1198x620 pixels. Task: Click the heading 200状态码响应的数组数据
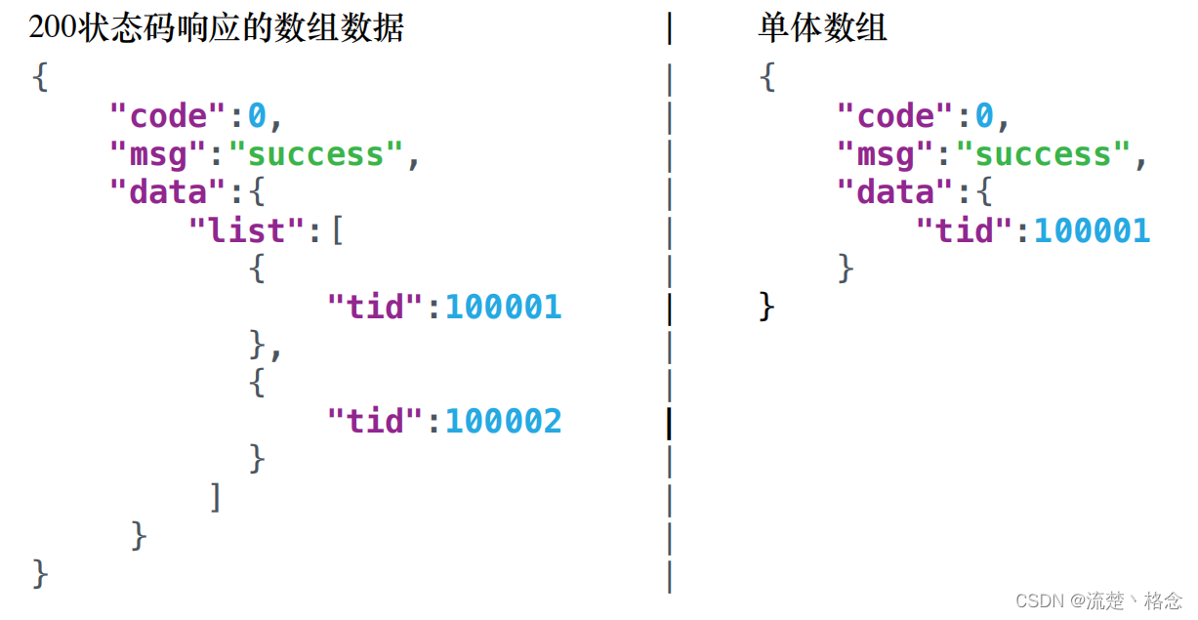[216, 28]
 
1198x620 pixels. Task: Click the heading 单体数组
[822, 28]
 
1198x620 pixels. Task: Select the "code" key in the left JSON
[167, 116]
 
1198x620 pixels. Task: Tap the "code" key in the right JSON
[894, 116]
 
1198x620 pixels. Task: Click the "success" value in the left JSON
[315, 154]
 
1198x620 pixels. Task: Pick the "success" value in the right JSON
[1043, 154]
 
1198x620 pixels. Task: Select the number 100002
[503, 421]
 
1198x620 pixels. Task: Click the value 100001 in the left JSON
[503, 307]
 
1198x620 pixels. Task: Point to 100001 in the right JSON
[1092, 230]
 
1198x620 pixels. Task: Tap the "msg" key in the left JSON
[157, 154]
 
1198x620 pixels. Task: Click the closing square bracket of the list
[216, 497]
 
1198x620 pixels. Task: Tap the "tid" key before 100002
[375, 421]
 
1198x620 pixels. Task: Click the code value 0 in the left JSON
[257, 116]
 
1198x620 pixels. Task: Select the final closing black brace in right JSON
[767, 307]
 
